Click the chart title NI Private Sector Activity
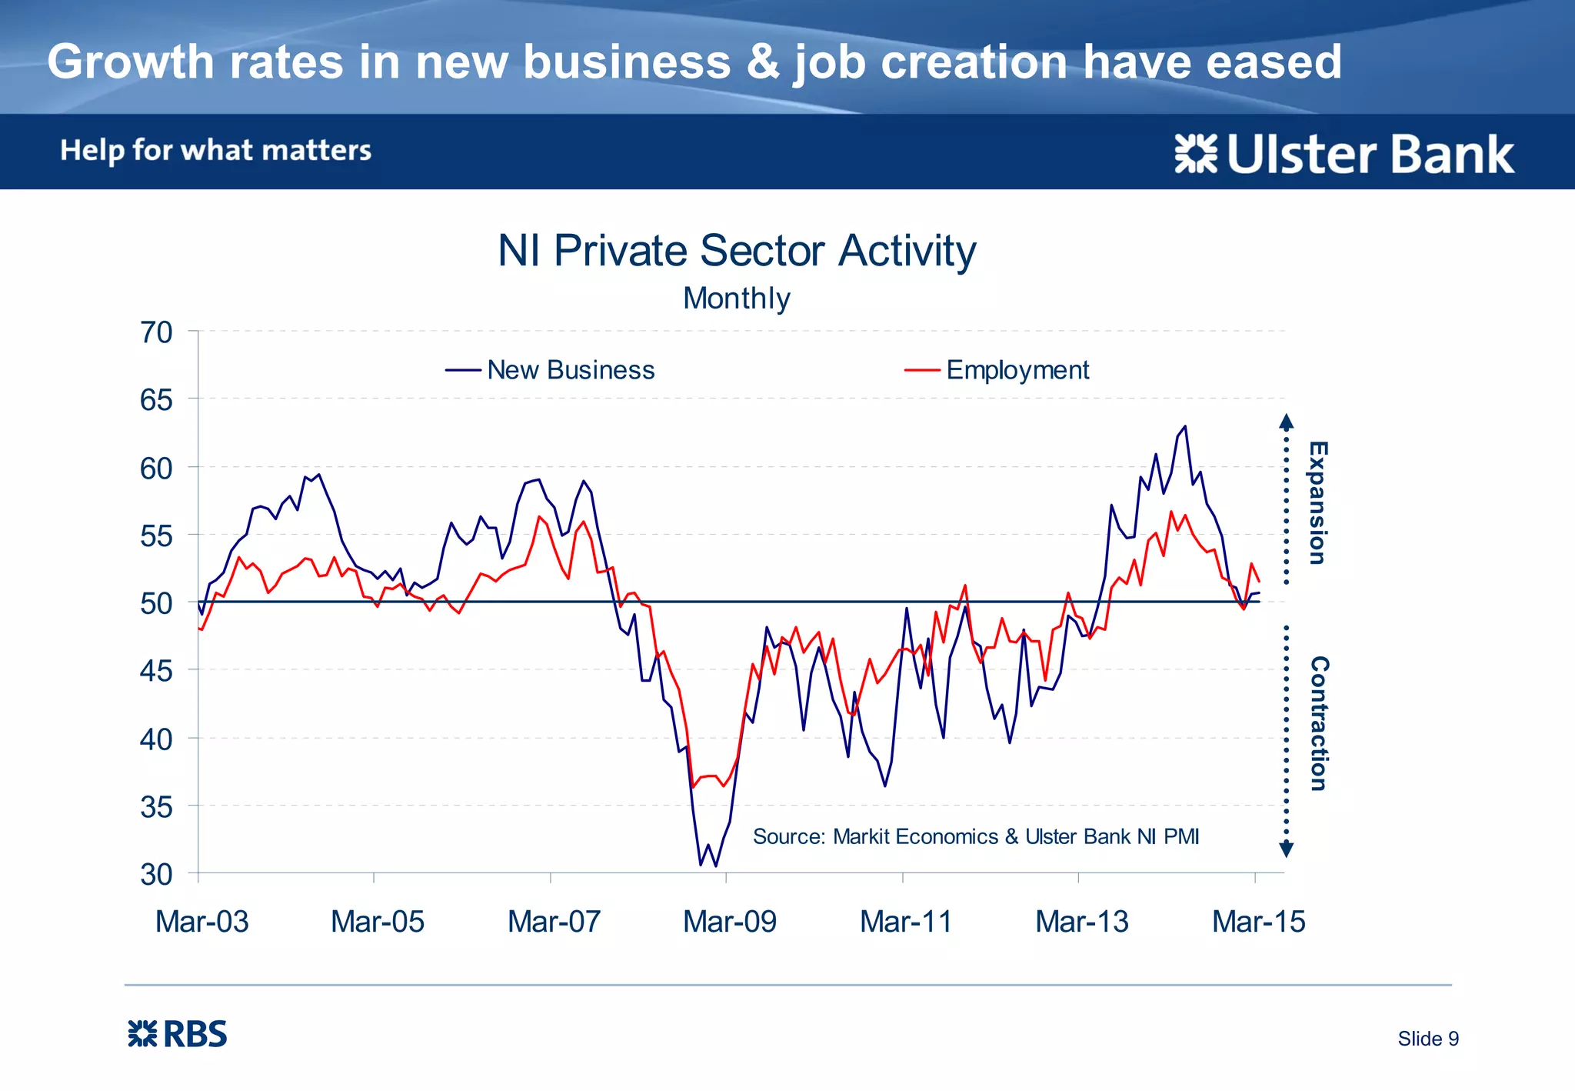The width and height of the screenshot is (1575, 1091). (x=737, y=251)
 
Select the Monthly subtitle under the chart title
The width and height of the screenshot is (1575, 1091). (x=737, y=299)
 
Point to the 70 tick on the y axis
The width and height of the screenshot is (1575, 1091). (x=156, y=332)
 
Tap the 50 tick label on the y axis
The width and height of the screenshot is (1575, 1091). (x=156, y=603)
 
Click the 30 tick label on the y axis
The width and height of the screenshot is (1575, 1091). (x=156, y=875)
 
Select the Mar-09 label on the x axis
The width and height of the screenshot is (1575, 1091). (x=730, y=921)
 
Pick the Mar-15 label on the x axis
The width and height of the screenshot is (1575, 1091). (x=1258, y=921)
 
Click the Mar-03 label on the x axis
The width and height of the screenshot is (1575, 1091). (x=201, y=921)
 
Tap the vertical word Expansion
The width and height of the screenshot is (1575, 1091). (x=1318, y=502)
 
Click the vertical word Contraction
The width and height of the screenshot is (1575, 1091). (x=1318, y=723)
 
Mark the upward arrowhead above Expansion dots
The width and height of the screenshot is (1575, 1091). (x=1286, y=421)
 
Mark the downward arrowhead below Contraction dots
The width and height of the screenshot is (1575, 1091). (x=1286, y=849)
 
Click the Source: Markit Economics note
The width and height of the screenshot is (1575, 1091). (x=975, y=836)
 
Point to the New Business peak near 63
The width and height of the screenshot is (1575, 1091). (x=1184, y=426)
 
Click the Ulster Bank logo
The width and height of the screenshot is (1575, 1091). (x=1344, y=154)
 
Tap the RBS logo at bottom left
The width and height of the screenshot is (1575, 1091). (x=177, y=1034)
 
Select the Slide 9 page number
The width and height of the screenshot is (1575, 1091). (x=1427, y=1039)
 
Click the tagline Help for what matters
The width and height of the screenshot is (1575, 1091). (x=215, y=150)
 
